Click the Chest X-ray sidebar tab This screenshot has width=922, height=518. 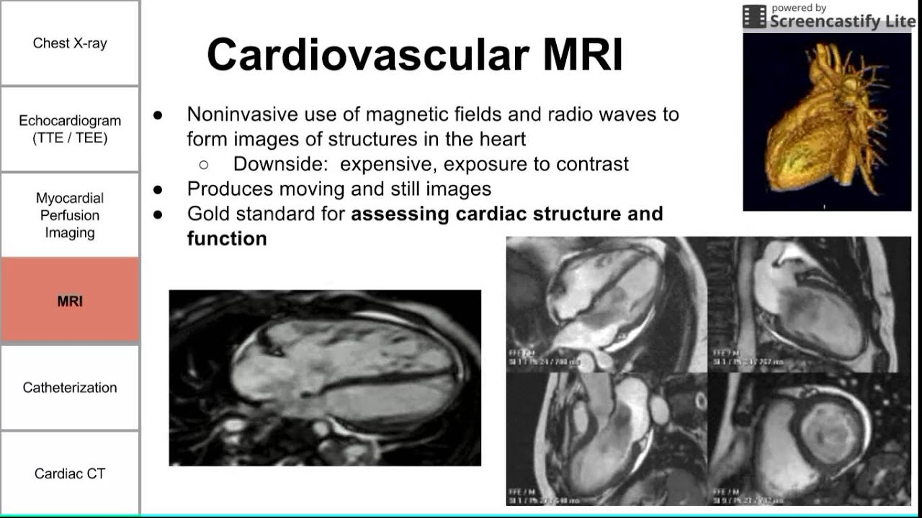point(70,43)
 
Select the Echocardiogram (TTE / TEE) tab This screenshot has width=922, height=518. point(70,129)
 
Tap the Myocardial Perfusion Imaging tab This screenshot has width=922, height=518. point(70,215)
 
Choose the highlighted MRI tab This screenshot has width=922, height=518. point(70,301)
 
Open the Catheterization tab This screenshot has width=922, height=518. point(70,388)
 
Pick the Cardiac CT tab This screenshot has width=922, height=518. point(70,473)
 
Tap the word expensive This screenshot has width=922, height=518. point(386,164)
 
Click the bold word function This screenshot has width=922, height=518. point(227,238)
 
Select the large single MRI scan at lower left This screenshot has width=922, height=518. point(325,378)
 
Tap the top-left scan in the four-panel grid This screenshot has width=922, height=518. point(607,304)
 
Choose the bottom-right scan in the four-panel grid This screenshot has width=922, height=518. point(810,439)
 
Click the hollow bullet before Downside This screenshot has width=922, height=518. point(204,165)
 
